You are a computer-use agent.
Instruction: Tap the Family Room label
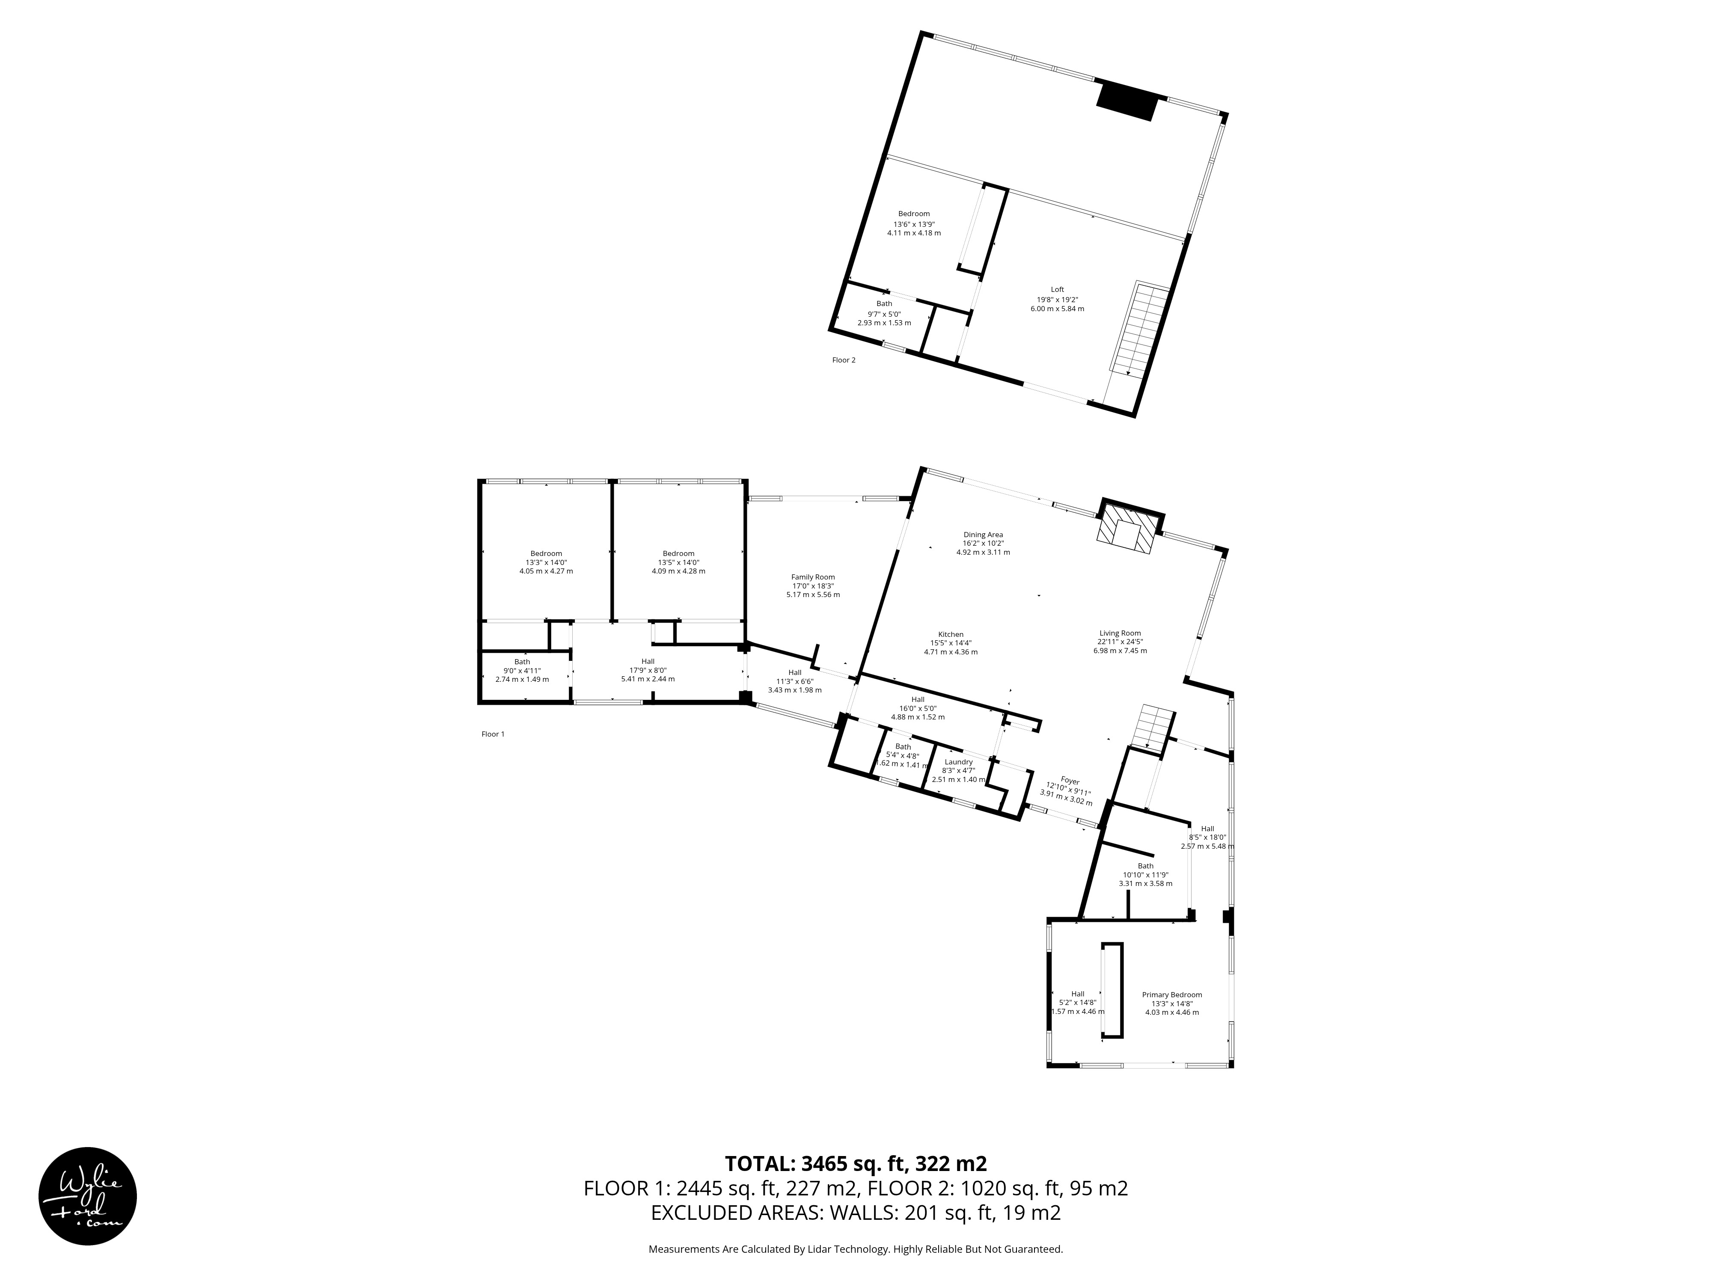813,577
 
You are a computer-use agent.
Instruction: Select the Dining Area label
983,534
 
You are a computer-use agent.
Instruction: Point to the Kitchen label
951,634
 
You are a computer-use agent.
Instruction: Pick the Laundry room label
958,761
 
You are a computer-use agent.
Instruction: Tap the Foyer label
1070,782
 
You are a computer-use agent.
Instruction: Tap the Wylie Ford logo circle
87,1196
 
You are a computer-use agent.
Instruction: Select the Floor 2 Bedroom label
913,214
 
